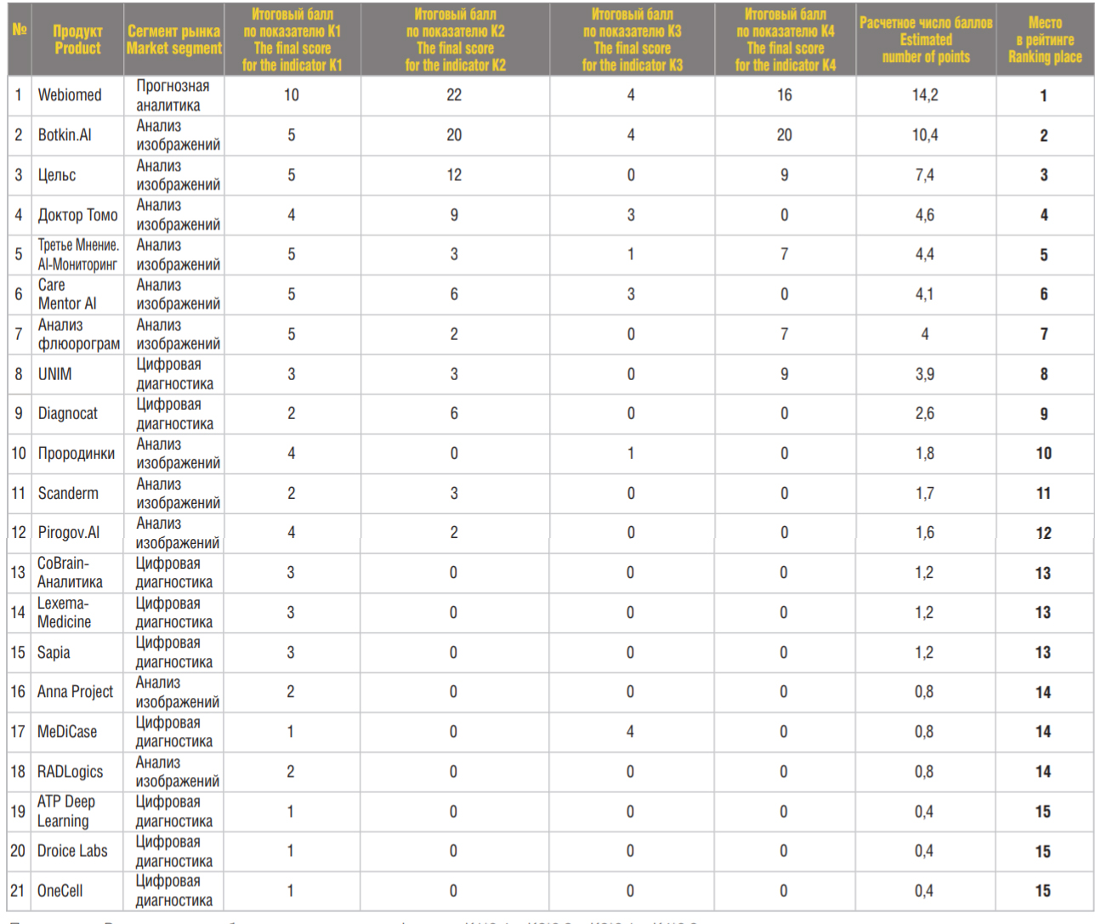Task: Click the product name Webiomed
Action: (x=70, y=95)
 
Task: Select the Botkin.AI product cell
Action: (x=65, y=135)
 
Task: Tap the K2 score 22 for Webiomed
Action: (x=454, y=95)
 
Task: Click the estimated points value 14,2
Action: (x=925, y=95)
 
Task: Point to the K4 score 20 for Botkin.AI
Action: (x=784, y=135)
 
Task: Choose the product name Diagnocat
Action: (x=68, y=414)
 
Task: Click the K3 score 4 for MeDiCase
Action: (x=630, y=732)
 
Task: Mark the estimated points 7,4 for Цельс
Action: (x=925, y=175)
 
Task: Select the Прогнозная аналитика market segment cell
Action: (x=173, y=95)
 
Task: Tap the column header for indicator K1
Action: (x=292, y=40)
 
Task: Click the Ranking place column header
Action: (x=1045, y=40)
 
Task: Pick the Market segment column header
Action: (x=174, y=40)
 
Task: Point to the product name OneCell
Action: (x=60, y=891)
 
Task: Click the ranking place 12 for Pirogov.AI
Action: (x=1044, y=533)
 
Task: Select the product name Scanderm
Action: (x=68, y=493)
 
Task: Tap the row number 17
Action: (x=18, y=732)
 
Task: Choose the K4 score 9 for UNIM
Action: (x=784, y=374)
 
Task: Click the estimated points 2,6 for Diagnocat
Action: (x=925, y=414)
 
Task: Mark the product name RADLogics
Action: (x=70, y=772)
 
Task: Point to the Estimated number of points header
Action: (x=926, y=40)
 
